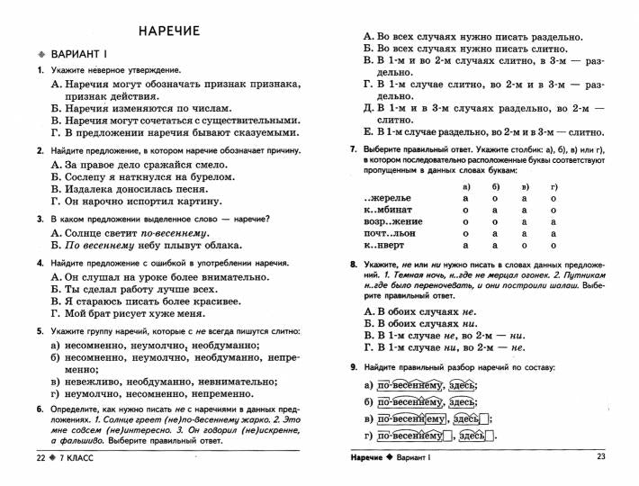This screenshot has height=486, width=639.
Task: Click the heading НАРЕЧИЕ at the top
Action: [169, 31]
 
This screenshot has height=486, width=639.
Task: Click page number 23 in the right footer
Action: [601, 457]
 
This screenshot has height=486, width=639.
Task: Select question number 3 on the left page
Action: [40, 220]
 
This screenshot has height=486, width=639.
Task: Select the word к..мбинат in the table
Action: [388, 210]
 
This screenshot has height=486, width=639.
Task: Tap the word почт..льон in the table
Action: [390, 232]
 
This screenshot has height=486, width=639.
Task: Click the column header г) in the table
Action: [554, 186]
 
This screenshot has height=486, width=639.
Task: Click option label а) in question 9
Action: [368, 386]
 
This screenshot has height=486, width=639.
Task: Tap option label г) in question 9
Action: [368, 436]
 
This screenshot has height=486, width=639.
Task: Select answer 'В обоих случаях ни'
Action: [419, 322]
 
